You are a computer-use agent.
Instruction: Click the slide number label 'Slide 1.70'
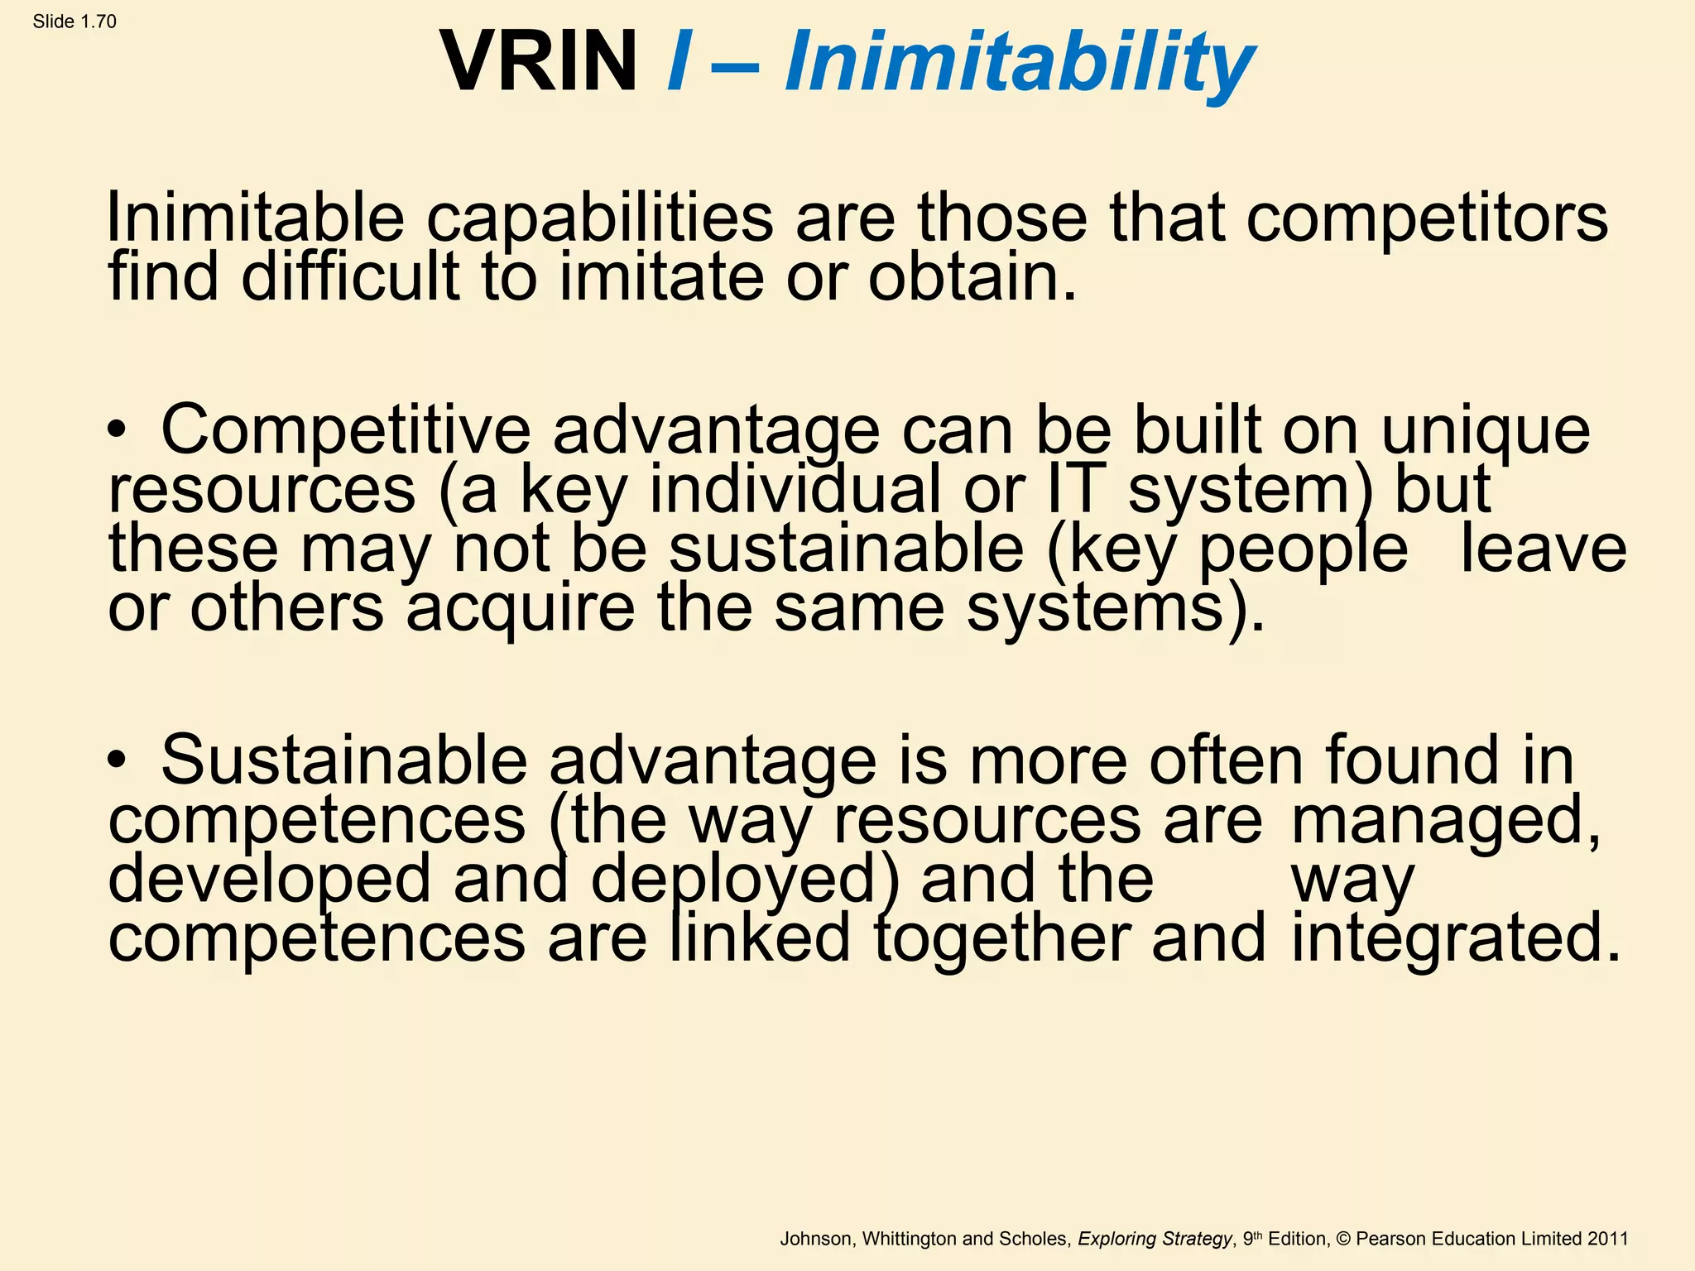tap(74, 22)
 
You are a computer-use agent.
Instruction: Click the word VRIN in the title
tap(539, 61)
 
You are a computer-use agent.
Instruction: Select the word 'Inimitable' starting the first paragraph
tap(255, 217)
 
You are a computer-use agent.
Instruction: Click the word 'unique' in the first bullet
tap(1486, 432)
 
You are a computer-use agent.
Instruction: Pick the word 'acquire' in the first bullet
tap(521, 609)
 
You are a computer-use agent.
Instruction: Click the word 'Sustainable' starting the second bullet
tap(343, 760)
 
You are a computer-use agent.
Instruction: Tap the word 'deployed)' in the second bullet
tap(745, 880)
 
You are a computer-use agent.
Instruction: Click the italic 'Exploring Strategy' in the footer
tap(1155, 1239)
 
